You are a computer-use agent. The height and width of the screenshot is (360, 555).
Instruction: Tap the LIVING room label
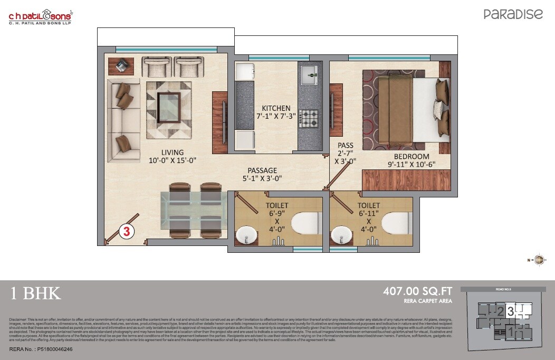tap(173, 153)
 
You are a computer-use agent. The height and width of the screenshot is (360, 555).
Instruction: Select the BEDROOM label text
tap(412, 157)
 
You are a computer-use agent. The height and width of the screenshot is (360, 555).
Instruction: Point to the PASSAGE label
tap(262, 170)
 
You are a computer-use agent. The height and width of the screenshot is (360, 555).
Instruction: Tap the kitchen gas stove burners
tap(309, 118)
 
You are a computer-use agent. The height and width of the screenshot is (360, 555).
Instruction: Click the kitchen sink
tap(309, 75)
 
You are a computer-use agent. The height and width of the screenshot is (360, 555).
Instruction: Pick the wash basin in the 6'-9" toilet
tap(245, 235)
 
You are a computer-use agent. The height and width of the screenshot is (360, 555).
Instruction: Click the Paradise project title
tap(513, 14)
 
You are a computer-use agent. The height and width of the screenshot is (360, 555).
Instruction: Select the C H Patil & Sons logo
tap(40, 17)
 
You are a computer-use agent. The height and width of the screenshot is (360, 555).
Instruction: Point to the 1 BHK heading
tap(36, 293)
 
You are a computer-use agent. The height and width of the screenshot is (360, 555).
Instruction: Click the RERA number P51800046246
tap(41, 349)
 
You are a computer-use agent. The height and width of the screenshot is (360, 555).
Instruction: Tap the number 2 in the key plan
tap(500, 311)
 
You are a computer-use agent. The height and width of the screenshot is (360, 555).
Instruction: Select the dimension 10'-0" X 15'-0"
tap(173, 161)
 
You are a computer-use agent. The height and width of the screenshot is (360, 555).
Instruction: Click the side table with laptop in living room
tap(121, 66)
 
